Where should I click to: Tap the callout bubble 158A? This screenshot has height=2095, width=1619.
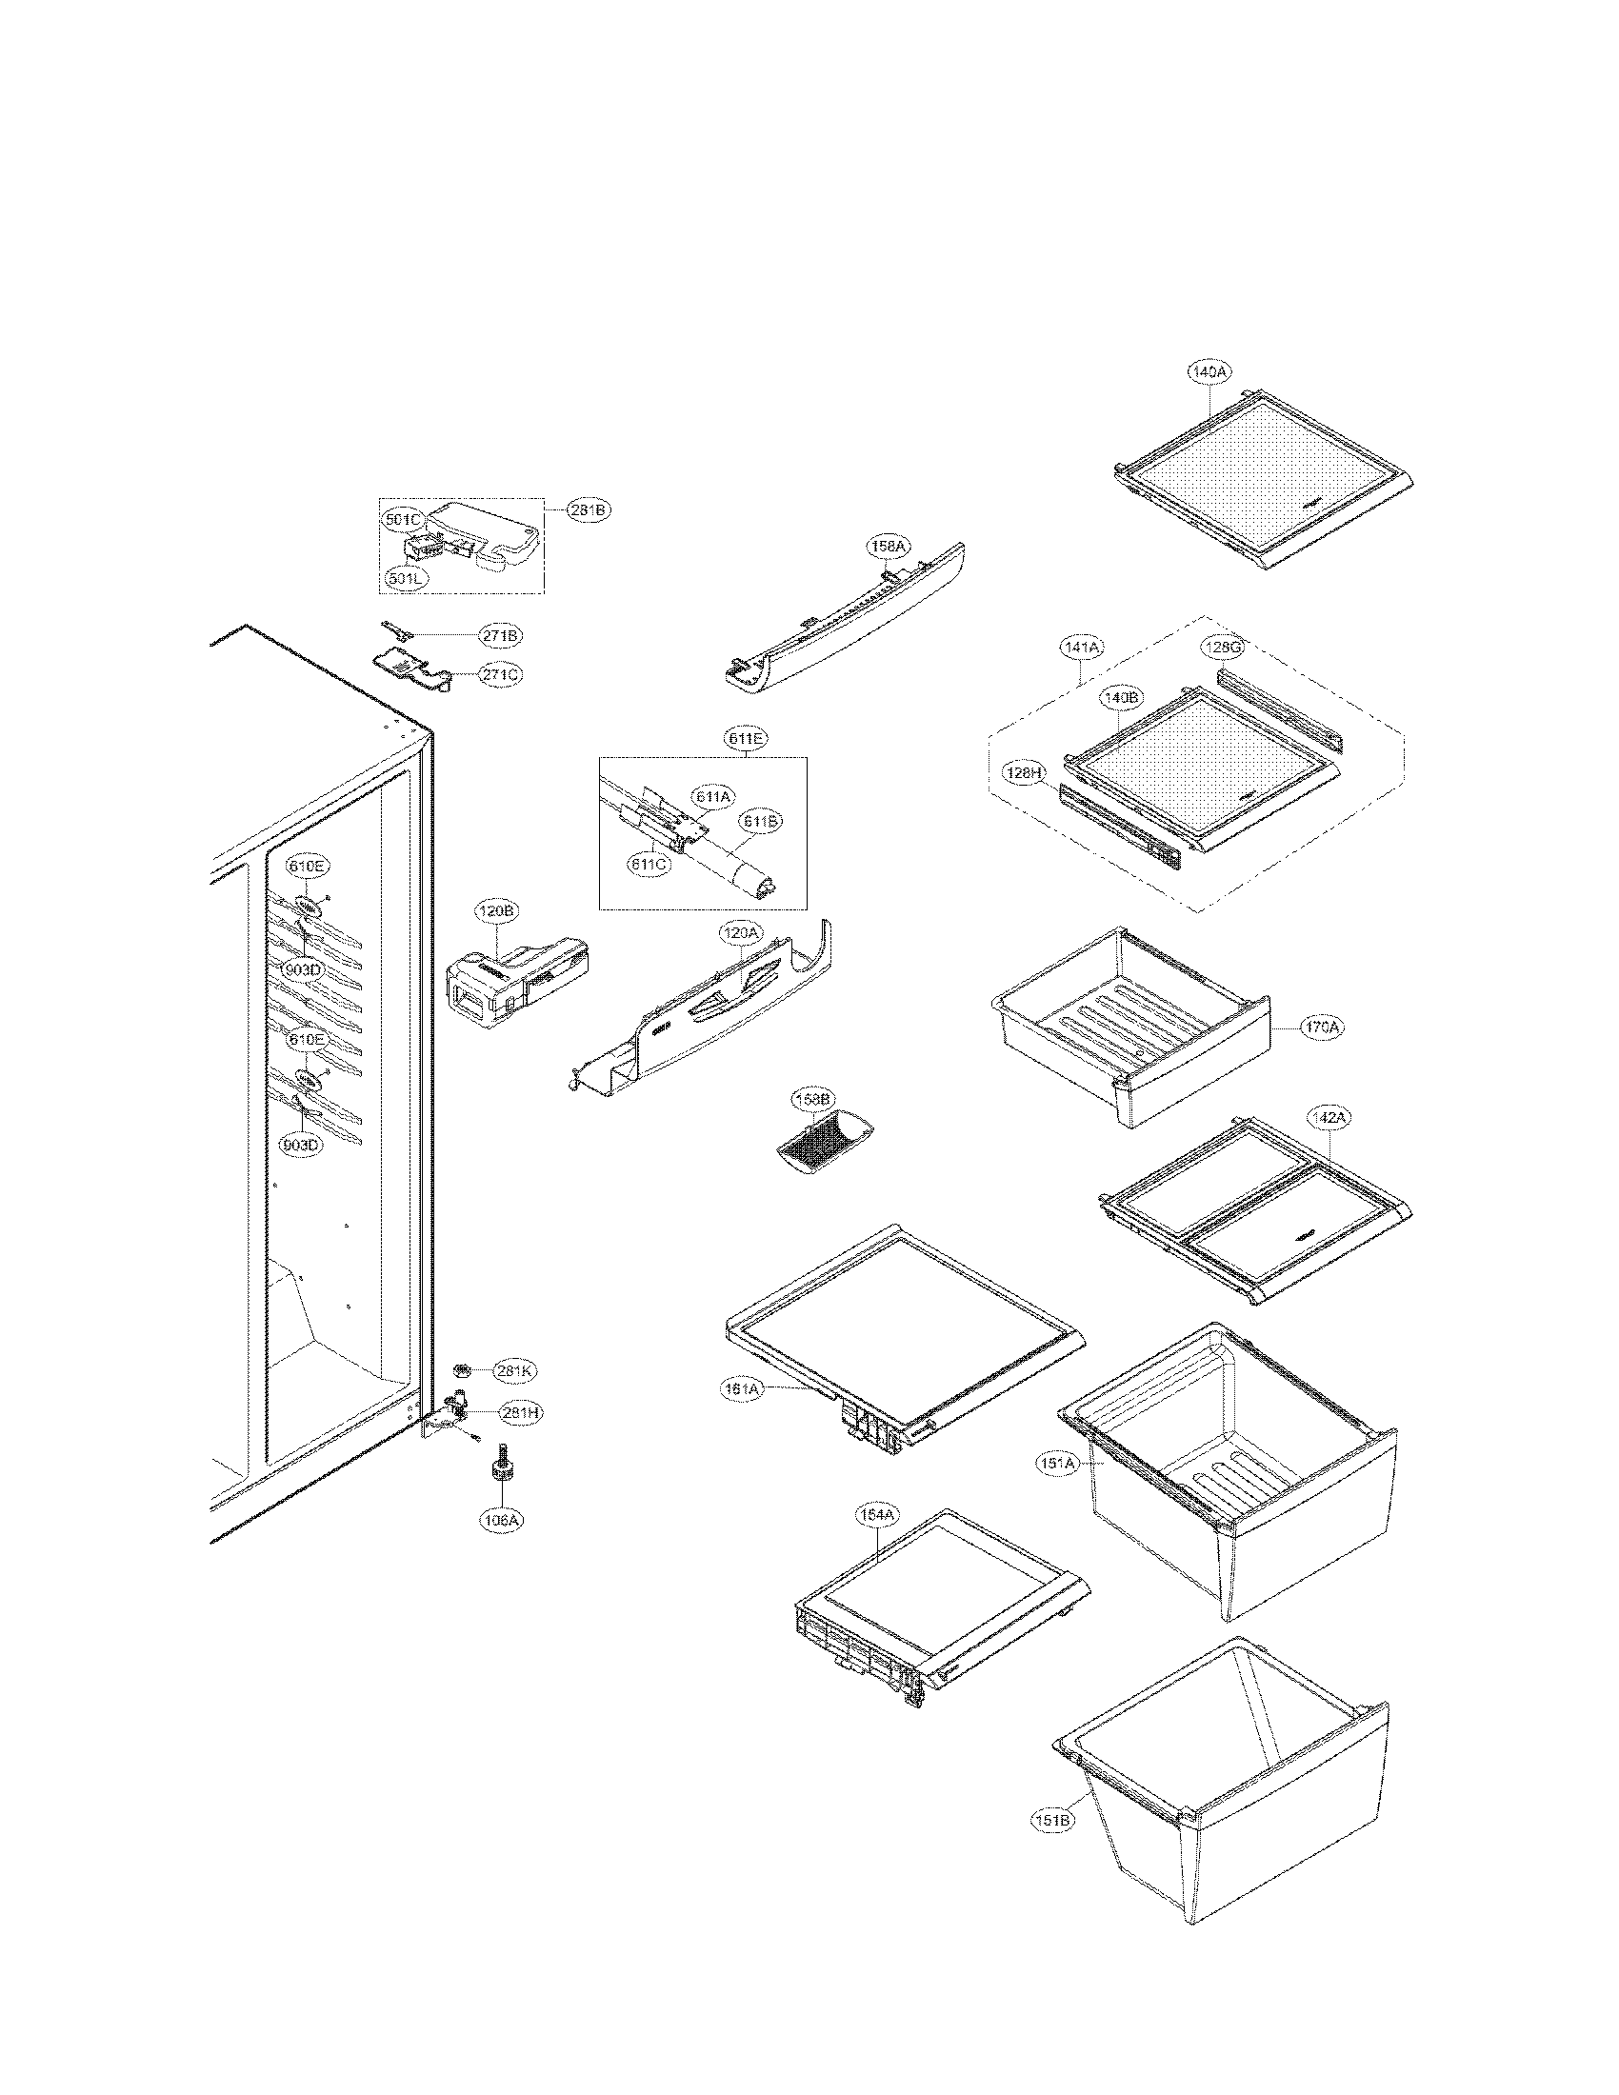coord(889,547)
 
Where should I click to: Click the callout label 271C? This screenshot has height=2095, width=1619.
coord(502,675)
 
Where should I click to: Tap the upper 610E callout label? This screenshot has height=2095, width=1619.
coord(309,868)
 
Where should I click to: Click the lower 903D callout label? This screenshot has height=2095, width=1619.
coord(302,1145)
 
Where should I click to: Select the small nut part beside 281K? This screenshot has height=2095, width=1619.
coord(461,1366)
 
